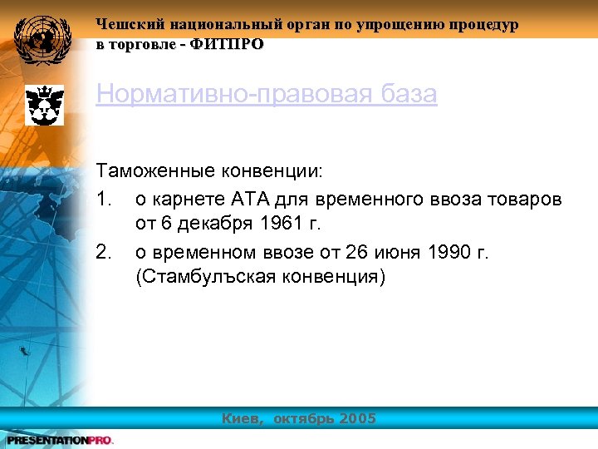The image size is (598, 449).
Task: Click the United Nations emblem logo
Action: coord(39,38)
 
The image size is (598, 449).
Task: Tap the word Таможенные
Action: coord(156,171)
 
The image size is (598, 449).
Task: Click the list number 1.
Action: coord(103,200)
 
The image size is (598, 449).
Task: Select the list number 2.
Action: coord(103,251)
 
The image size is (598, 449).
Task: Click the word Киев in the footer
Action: coord(241,418)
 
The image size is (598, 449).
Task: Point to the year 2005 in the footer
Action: coord(358,418)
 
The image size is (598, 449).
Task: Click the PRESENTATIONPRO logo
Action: coord(59,440)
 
